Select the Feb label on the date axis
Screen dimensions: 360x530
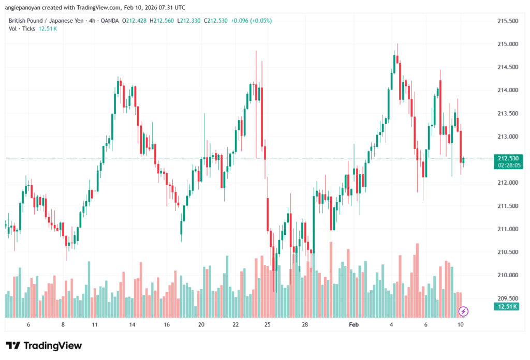[354, 324]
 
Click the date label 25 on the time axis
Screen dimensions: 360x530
[267, 324]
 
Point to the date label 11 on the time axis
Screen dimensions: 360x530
[95, 324]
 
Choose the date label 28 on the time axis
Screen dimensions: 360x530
[305, 324]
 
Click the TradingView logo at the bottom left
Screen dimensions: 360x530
[43, 346]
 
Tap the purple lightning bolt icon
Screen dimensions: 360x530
[464, 311]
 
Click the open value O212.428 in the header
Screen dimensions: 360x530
[134, 21]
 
